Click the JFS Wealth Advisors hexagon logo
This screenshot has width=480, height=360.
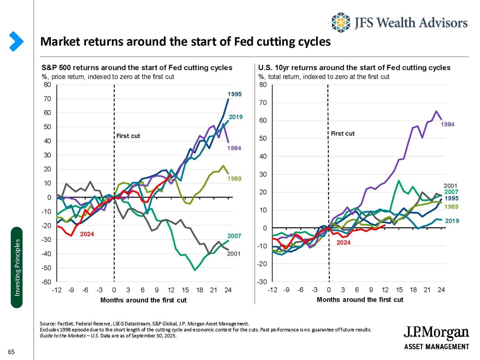point(340,23)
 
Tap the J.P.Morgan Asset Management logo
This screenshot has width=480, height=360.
point(436,338)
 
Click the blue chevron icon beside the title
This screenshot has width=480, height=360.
point(16,41)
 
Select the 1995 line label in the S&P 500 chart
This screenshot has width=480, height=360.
point(234,94)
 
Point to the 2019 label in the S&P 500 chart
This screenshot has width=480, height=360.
point(236,117)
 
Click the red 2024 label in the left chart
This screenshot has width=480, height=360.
point(87,234)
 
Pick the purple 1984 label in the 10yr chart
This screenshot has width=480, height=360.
point(448,124)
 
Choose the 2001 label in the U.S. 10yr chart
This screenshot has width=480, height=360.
point(450,186)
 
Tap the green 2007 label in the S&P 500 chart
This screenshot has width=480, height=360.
point(234,236)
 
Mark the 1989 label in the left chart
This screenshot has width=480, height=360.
point(234,179)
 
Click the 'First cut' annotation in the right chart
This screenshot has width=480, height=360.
point(342,134)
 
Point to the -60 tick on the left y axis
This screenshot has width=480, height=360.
point(46,282)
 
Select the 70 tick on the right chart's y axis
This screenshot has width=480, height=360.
point(263,103)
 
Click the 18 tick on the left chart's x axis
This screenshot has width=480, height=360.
point(199,290)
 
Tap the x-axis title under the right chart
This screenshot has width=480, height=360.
point(360,300)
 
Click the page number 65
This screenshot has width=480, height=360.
point(11,352)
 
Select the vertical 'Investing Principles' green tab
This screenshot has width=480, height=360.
point(17,268)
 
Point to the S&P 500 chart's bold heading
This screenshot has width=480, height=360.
point(137,68)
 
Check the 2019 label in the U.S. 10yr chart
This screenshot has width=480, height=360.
point(452,221)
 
